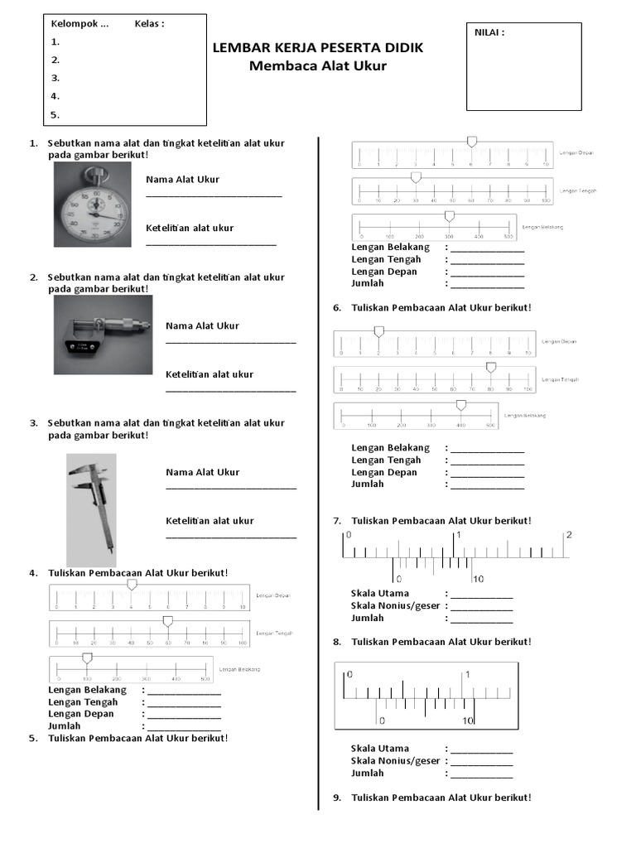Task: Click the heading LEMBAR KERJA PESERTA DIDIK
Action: [318, 48]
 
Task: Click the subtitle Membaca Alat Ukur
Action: [318, 66]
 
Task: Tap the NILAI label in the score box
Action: [489, 33]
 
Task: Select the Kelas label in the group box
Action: [149, 23]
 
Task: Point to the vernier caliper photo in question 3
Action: [91, 509]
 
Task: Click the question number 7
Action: [337, 521]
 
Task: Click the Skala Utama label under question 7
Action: [380, 594]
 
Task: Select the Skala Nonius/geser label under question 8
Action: [396, 761]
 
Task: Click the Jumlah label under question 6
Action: [368, 485]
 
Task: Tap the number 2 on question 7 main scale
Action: [568, 535]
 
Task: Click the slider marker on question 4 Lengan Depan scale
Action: [132, 585]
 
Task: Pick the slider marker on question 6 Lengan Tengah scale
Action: [490, 367]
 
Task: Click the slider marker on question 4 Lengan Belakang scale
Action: [86, 658]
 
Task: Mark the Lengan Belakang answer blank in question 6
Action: [487, 449]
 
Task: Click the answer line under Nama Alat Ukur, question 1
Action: [214, 195]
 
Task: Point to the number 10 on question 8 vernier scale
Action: [468, 720]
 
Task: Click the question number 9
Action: [337, 797]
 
